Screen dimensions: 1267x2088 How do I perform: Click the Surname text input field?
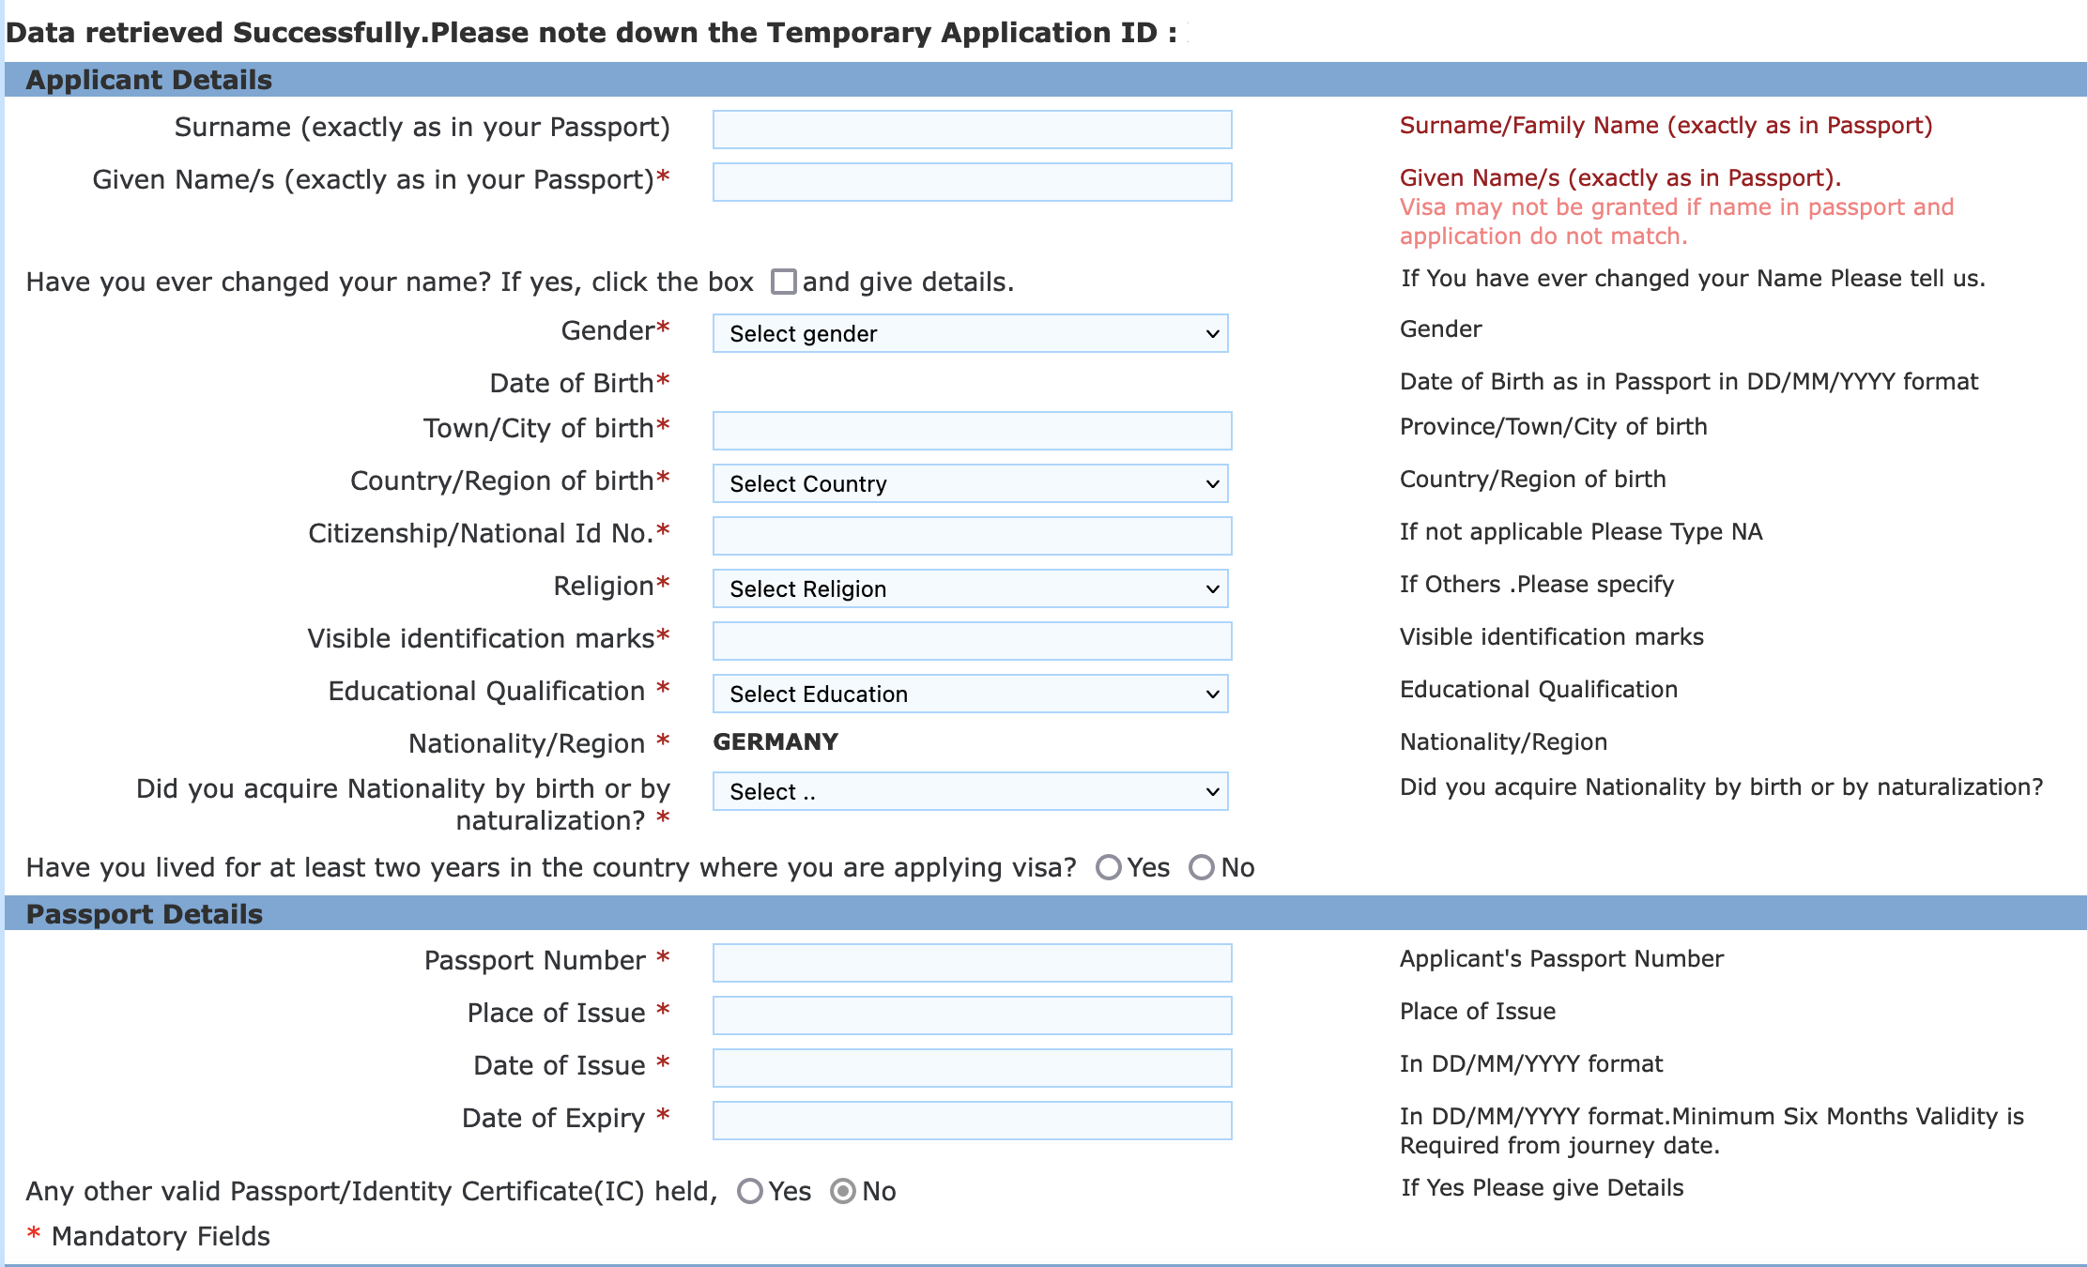(x=972, y=130)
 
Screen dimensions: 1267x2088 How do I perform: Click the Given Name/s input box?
(x=972, y=182)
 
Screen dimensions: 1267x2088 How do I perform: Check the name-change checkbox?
(x=783, y=282)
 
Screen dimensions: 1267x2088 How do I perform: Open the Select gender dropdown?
(x=970, y=333)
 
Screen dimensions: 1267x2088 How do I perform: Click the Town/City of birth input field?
(x=972, y=431)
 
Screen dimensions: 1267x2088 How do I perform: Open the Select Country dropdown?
(x=970, y=483)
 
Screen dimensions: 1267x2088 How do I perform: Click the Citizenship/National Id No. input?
(x=972, y=536)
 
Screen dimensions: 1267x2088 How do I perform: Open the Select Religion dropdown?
(x=970, y=588)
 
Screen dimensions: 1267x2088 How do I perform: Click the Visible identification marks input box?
(x=972, y=641)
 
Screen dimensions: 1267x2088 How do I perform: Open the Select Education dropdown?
(x=970, y=694)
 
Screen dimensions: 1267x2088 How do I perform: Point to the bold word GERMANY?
(x=775, y=742)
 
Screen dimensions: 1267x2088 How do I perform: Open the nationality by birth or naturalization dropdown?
(x=970, y=791)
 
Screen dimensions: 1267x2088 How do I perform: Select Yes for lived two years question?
(x=1109, y=867)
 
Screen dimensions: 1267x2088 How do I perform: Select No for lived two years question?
(x=1202, y=867)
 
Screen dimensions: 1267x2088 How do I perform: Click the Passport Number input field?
(x=972, y=963)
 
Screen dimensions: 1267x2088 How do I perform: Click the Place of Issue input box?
(x=972, y=1015)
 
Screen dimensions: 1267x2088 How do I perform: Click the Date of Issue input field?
(x=972, y=1068)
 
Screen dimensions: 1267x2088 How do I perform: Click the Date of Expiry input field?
(x=972, y=1121)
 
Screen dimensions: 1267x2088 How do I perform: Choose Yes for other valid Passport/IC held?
(x=750, y=1191)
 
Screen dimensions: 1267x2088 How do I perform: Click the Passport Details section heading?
(x=145, y=914)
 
